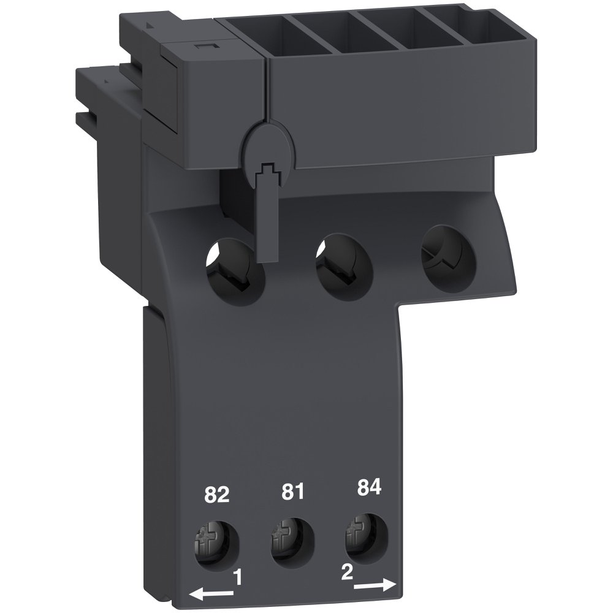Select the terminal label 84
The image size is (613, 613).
tap(368, 488)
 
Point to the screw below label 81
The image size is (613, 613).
tap(286, 537)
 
